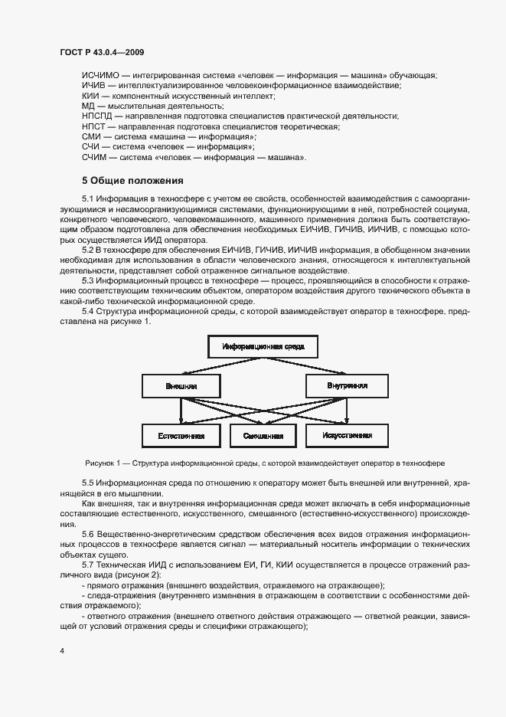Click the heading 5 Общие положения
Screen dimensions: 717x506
[x=132, y=182]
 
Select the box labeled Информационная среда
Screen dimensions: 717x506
[x=263, y=347]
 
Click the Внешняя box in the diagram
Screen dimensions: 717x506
[x=181, y=386]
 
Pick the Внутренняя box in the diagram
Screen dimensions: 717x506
[x=347, y=386]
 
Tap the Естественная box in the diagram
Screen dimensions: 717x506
[x=181, y=436]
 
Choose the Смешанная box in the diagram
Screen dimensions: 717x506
[x=263, y=436]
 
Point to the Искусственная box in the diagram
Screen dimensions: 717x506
[x=347, y=436]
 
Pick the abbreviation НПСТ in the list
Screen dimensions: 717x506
[x=95, y=126]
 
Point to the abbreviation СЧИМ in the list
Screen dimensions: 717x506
[x=95, y=158]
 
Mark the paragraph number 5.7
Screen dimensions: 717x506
[x=88, y=564]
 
